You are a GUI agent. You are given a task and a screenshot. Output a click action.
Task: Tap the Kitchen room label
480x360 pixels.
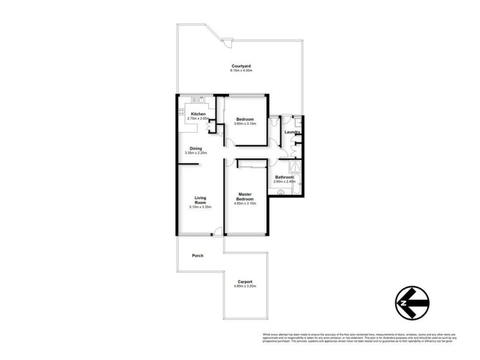tap(199, 114)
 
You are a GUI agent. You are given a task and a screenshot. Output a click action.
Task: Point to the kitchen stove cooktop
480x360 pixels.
tap(182, 111)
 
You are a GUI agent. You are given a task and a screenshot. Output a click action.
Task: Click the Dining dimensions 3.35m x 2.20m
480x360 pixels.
tap(196, 153)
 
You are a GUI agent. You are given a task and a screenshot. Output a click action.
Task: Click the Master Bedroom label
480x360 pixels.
tap(244, 196)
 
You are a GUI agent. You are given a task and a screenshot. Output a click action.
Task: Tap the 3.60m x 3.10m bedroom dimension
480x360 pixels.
tap(245, 124)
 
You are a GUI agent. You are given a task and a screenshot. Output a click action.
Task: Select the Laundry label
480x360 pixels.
tap(293, 132)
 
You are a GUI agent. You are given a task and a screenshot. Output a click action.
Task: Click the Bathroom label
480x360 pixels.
tap(284, 177)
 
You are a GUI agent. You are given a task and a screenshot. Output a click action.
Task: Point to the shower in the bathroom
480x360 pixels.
tap(296, 167)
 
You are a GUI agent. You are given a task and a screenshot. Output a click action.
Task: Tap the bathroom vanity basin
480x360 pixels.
tap(280, 193)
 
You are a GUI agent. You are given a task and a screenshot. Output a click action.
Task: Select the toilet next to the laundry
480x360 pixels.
tap(274, 122)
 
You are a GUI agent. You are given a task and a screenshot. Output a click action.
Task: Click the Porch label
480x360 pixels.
tap(197, 256)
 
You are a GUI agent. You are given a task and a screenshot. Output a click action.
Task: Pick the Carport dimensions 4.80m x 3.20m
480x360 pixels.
tap(244, 286)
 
